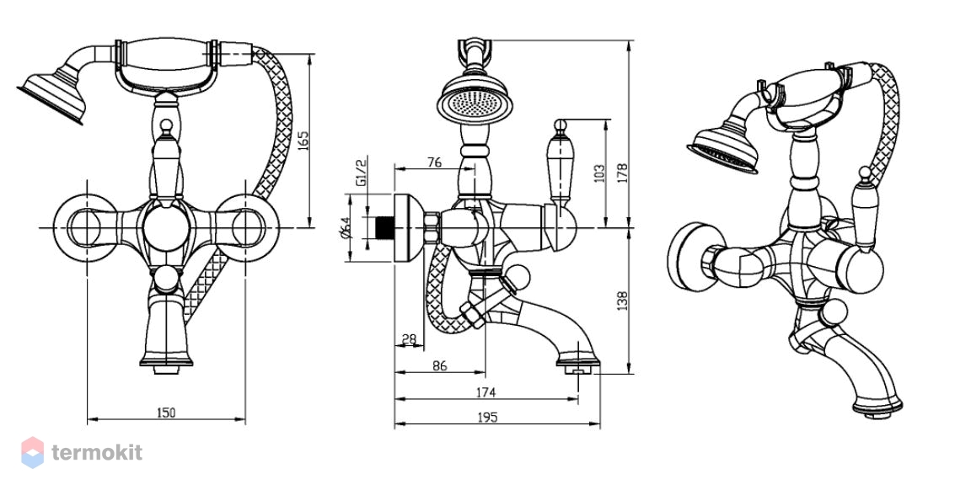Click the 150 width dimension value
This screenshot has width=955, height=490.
click(x=166, y=413)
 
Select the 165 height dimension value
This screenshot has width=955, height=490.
click(x=303, y=141)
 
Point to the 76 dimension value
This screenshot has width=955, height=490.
click(x=433, y=162)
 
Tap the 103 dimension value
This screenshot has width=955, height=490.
click(x=599, y=173)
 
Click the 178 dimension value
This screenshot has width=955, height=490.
click(x=622, y=173)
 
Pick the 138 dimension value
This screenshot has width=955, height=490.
click(x=622, y=301)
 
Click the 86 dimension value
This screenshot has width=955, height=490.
click(x=439, y=365)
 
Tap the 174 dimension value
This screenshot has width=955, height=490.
click(x=486, y=392)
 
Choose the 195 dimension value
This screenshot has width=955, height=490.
click(x=487, y=417)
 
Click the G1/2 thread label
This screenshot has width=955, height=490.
click(x=361, y=172)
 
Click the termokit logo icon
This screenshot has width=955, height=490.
click(x=33, y=452)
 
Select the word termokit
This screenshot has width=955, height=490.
click(x=97, y=453)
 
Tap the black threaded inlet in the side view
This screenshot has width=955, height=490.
click(x=385, y=227)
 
